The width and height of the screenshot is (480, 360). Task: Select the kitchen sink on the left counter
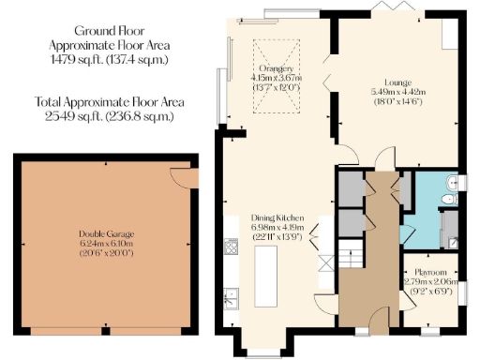[x=229, y=300]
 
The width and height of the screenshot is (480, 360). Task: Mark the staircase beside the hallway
[x=350, y=251]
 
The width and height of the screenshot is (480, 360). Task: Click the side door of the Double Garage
[x=180, y=178]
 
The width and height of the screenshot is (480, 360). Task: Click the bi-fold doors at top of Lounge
[x=384, y=9]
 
